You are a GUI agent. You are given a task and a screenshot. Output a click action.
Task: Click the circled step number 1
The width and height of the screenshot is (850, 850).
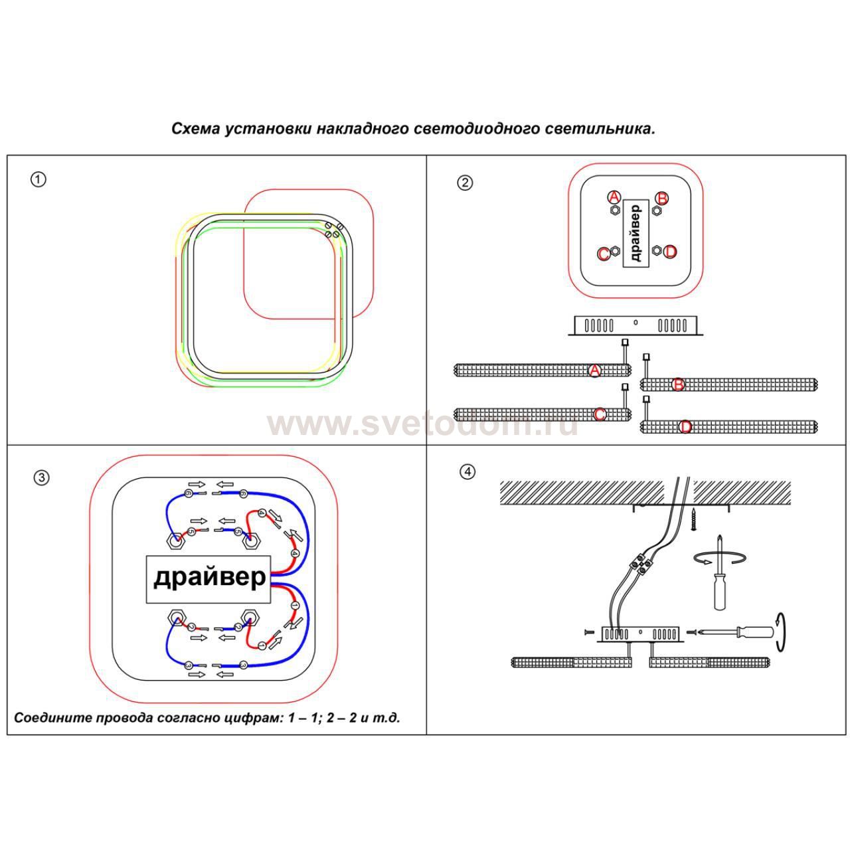tap(39, 179)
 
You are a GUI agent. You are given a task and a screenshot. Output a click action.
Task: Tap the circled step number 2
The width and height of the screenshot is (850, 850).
tap(465, 182)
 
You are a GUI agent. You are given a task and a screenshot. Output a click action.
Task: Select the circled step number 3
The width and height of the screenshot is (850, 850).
tap(41, 477)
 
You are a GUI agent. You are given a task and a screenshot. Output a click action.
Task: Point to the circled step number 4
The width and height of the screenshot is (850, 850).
tap(468, 471)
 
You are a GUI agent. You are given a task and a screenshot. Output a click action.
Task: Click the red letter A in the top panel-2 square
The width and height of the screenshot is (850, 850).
tap(614, 197)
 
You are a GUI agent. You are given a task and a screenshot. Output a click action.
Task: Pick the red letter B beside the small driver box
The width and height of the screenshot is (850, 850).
tap(661, 199)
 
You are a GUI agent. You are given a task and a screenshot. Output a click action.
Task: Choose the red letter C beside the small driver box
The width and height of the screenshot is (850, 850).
tap(604, 254)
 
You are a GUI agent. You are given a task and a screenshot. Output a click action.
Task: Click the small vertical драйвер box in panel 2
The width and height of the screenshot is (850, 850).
tap(636, 233)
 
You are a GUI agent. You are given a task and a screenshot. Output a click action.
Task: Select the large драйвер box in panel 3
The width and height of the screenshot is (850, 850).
tap(209, 578)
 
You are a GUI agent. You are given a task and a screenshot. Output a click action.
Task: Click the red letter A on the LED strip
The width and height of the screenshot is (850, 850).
tap(595, 371)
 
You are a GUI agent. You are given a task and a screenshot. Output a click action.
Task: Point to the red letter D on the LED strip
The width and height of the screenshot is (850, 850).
tap(686, 426)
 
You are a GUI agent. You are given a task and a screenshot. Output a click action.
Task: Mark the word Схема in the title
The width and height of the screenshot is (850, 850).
tap(195, 128)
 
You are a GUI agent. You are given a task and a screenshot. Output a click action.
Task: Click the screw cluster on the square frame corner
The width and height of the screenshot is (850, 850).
tap(333, 230)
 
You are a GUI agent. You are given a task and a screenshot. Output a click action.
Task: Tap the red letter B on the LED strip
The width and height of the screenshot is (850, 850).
tap(678, 384)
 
